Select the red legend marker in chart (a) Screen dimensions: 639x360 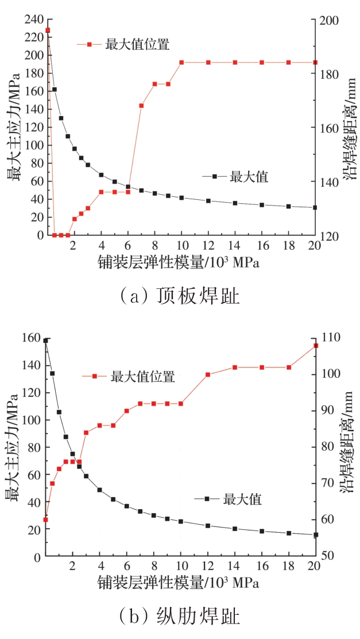(x=90, y=44)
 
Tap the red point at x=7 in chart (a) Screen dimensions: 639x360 (x=141, y=106)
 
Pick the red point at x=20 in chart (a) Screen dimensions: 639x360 (x=315, y=62)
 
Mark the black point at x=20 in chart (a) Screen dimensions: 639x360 (x=315, y=207)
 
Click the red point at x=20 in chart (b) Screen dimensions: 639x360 (x=316, y=345)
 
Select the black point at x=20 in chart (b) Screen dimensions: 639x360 (x=316, y=535)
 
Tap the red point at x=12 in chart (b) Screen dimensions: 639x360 (x=208, y=374)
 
